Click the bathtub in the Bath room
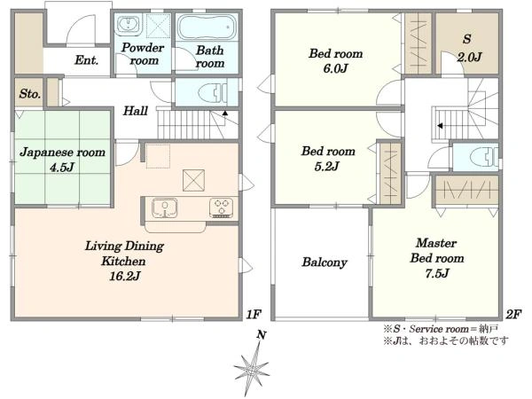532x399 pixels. click(207, 27)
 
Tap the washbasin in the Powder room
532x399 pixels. click(128, 25)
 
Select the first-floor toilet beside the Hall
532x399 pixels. click(213, 92)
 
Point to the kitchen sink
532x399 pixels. click(165, 207)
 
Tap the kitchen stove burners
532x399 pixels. click(221, 207)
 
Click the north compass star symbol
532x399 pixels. click(253, 365)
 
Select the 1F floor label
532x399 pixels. click(254, 315)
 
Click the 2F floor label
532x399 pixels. click(513, 315)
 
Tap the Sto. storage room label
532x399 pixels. click(30, 93)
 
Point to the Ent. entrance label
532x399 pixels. click(87, 60)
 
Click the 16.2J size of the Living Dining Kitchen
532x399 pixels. click(124, 276)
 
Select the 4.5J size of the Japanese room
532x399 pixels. click(62, 167)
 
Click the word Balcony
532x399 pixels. click(325, 262)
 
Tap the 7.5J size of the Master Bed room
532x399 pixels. click(437, 273)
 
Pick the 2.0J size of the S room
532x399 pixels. click(469, 57)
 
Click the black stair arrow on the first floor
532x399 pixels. click(224, 113)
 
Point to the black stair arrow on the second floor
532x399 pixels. click(440, 126)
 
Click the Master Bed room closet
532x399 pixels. click(467, 191)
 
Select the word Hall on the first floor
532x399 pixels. click(135, 111)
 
